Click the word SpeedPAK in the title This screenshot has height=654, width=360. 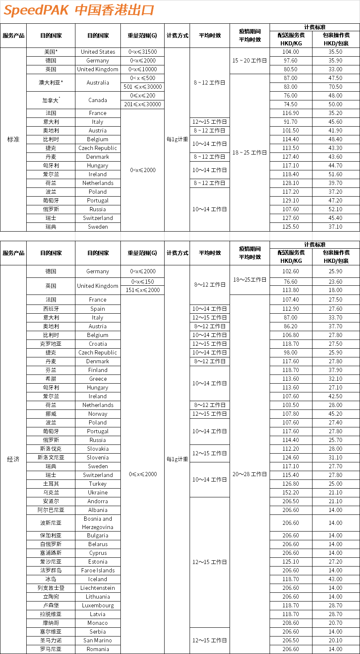click(x=36, y=10)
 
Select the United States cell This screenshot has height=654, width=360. click(x=98, y=52)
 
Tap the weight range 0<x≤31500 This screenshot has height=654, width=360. click(x=142, y=52)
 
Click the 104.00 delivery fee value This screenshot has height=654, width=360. click(x=290, y=52)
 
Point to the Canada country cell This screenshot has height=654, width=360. click(x=98, y=100)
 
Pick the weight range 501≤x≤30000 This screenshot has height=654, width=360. click(x=142, y=87)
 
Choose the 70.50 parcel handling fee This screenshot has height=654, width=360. click(x=335, y=87)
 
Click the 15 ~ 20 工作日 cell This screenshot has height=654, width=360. click(x=250, y=60)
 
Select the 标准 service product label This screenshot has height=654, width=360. click(x=13, y=139)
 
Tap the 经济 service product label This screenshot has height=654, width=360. click(x=13, y=459)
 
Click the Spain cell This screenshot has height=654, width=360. click(x=98, y=309)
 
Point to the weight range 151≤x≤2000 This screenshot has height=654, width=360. click(x=142, y=290)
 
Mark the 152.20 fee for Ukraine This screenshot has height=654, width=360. click(x=290, y=492)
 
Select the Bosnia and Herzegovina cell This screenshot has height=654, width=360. click(x=98, y=523)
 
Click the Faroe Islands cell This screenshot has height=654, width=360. click(x=98, y=570)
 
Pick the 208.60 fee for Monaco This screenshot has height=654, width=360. click(x=290, y=623)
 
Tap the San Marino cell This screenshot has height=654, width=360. click(x=98, y=640)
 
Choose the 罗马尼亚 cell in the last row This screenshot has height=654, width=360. click(x=51, y=649)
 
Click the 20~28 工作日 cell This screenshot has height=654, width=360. click(x=250, y=474)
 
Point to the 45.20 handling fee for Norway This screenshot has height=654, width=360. click(x=335, y=414)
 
